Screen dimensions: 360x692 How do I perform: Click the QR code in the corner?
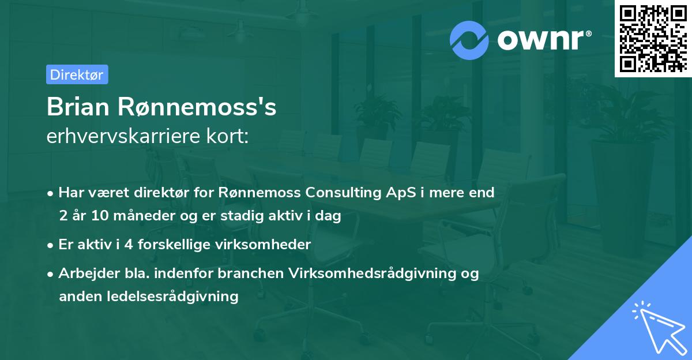pos(653,39)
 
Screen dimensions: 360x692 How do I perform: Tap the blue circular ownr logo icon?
pos(469,40)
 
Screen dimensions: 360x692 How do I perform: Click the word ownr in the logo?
pos(541,40)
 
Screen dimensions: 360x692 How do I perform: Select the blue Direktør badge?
pos(77,74)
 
